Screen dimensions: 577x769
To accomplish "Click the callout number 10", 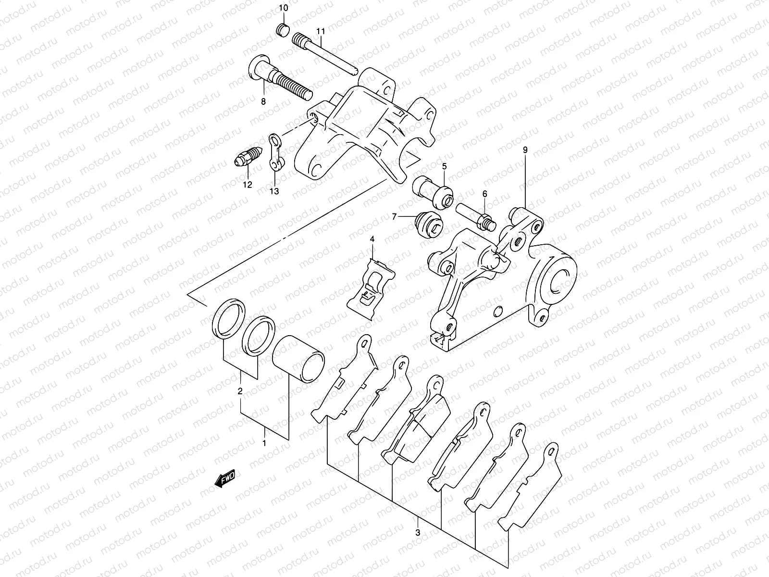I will pos(283,8).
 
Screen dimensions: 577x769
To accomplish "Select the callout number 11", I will pos(321,31).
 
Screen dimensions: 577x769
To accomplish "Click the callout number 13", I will pos(274,191).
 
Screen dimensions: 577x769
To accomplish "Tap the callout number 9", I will pos(525,150).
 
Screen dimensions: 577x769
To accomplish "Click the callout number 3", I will pos(418,533).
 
